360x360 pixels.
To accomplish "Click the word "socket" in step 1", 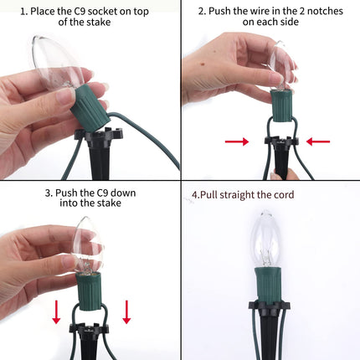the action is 102,12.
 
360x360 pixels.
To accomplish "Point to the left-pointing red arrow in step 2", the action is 318,141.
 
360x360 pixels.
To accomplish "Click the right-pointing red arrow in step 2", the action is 237,141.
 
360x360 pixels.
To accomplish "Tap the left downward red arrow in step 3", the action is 56,312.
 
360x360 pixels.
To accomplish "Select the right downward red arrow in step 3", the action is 126,312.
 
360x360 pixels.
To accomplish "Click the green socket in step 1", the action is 90,107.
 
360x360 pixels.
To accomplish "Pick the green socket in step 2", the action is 282,105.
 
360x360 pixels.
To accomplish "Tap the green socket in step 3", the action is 88,291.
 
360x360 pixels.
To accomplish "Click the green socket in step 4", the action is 268,285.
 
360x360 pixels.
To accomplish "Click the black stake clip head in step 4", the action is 269,307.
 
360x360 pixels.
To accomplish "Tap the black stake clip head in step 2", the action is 281,141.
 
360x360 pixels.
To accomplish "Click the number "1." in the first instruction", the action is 23,12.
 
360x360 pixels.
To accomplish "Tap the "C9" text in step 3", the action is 102,193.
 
